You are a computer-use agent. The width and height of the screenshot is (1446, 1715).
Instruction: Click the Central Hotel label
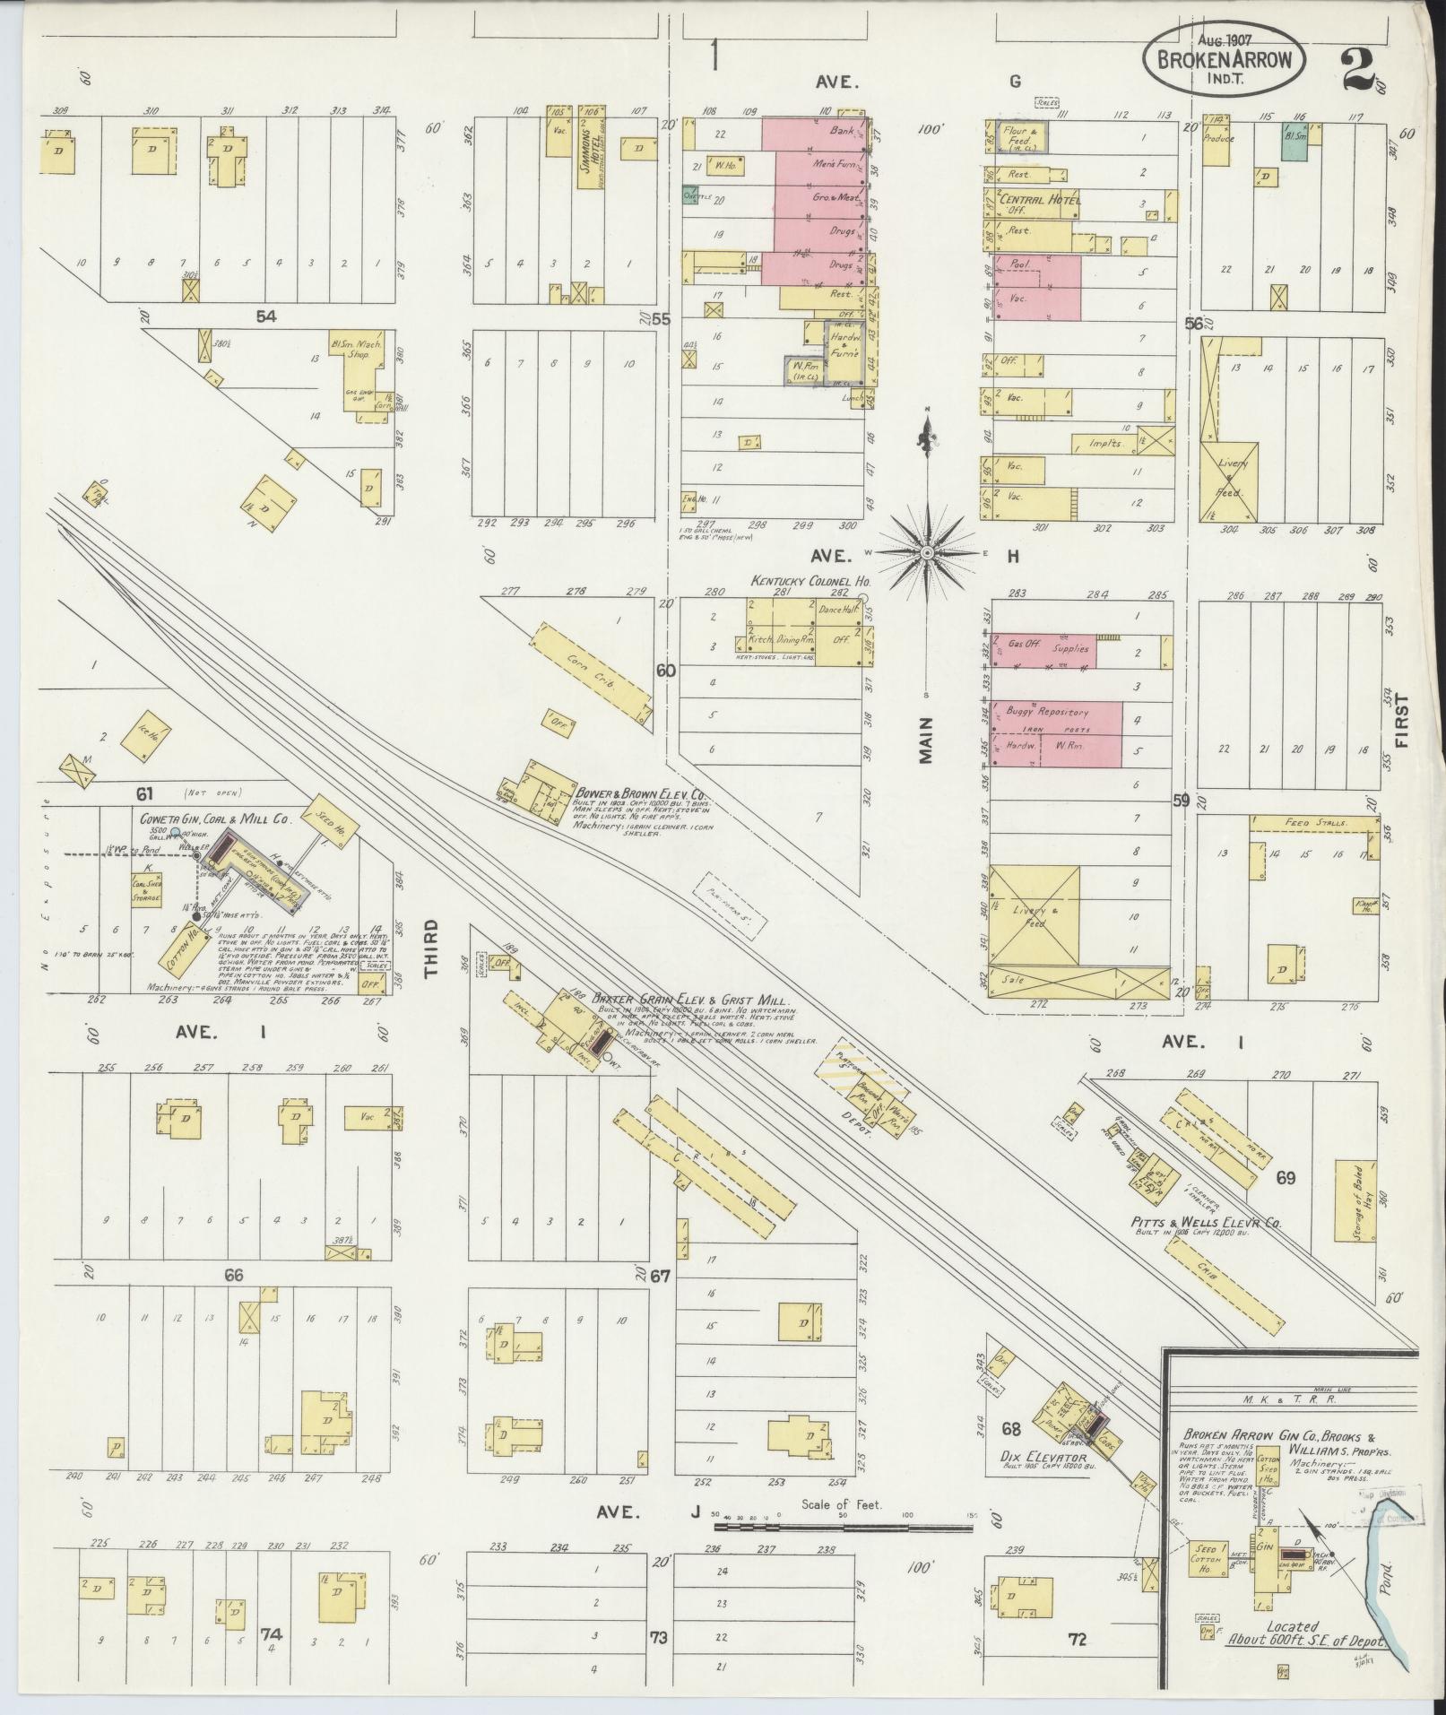click(1040, 199)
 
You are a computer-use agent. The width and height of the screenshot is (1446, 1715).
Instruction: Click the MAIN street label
click(925, 740)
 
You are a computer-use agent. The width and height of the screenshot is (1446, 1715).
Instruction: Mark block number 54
click(264, 316)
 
